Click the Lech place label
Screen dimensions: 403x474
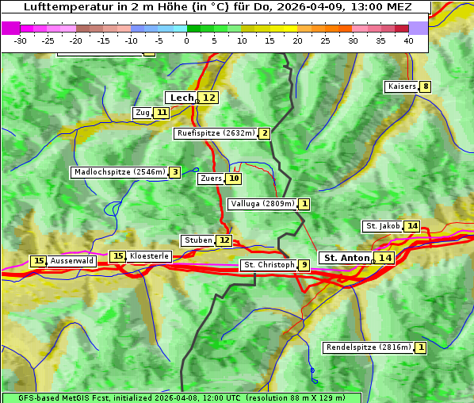click(182, 98)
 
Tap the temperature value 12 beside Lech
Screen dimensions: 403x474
click(208, 98)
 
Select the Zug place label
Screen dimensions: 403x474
click(143, 113)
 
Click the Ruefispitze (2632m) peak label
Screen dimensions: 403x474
click(216, 133)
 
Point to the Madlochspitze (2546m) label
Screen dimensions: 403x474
click(119, 172)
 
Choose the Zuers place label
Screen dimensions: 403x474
click(211, 178)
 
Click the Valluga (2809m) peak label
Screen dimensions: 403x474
click(262, 204)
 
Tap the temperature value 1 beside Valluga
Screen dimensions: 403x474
click(304, 204)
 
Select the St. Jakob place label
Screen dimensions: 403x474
click(383, 226)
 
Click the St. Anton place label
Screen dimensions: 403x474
click(346, 258)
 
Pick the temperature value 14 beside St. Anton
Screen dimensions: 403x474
click(385, 258)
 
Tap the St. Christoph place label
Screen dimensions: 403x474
click(268, 265)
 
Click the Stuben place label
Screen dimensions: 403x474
click(197, 240)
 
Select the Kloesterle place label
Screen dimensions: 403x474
click(149, 256)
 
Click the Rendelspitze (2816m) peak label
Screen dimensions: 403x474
click(369, 347)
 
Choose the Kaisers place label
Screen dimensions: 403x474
click(401, 86)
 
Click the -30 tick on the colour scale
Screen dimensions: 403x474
click(20, 40)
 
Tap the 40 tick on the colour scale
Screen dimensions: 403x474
click(408, 40)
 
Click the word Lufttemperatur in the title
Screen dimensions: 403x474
click(65, 6)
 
